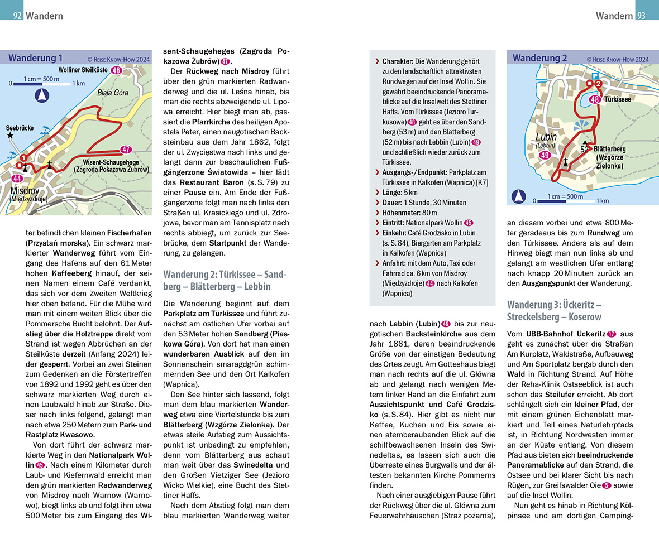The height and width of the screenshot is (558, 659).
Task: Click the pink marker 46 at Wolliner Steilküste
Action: (116, 70)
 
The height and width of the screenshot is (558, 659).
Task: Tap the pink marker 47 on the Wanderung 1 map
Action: (126, 149)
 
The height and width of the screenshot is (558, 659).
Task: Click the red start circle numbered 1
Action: (23, 157)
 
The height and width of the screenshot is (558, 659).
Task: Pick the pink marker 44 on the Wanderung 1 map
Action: (17, 179)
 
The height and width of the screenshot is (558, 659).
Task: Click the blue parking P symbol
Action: (595, 75)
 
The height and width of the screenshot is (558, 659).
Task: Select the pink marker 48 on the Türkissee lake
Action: (595, 99)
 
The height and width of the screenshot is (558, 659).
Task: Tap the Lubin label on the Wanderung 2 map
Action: (546, 137)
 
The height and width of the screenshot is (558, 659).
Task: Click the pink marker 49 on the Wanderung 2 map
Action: (546, 155)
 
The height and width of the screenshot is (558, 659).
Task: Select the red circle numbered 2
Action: (598, 84)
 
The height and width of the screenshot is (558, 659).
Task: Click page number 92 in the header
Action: (18, 16)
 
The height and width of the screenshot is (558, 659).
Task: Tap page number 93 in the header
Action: (641, 16)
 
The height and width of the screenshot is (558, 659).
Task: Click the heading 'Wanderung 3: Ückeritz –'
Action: (553, 305)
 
